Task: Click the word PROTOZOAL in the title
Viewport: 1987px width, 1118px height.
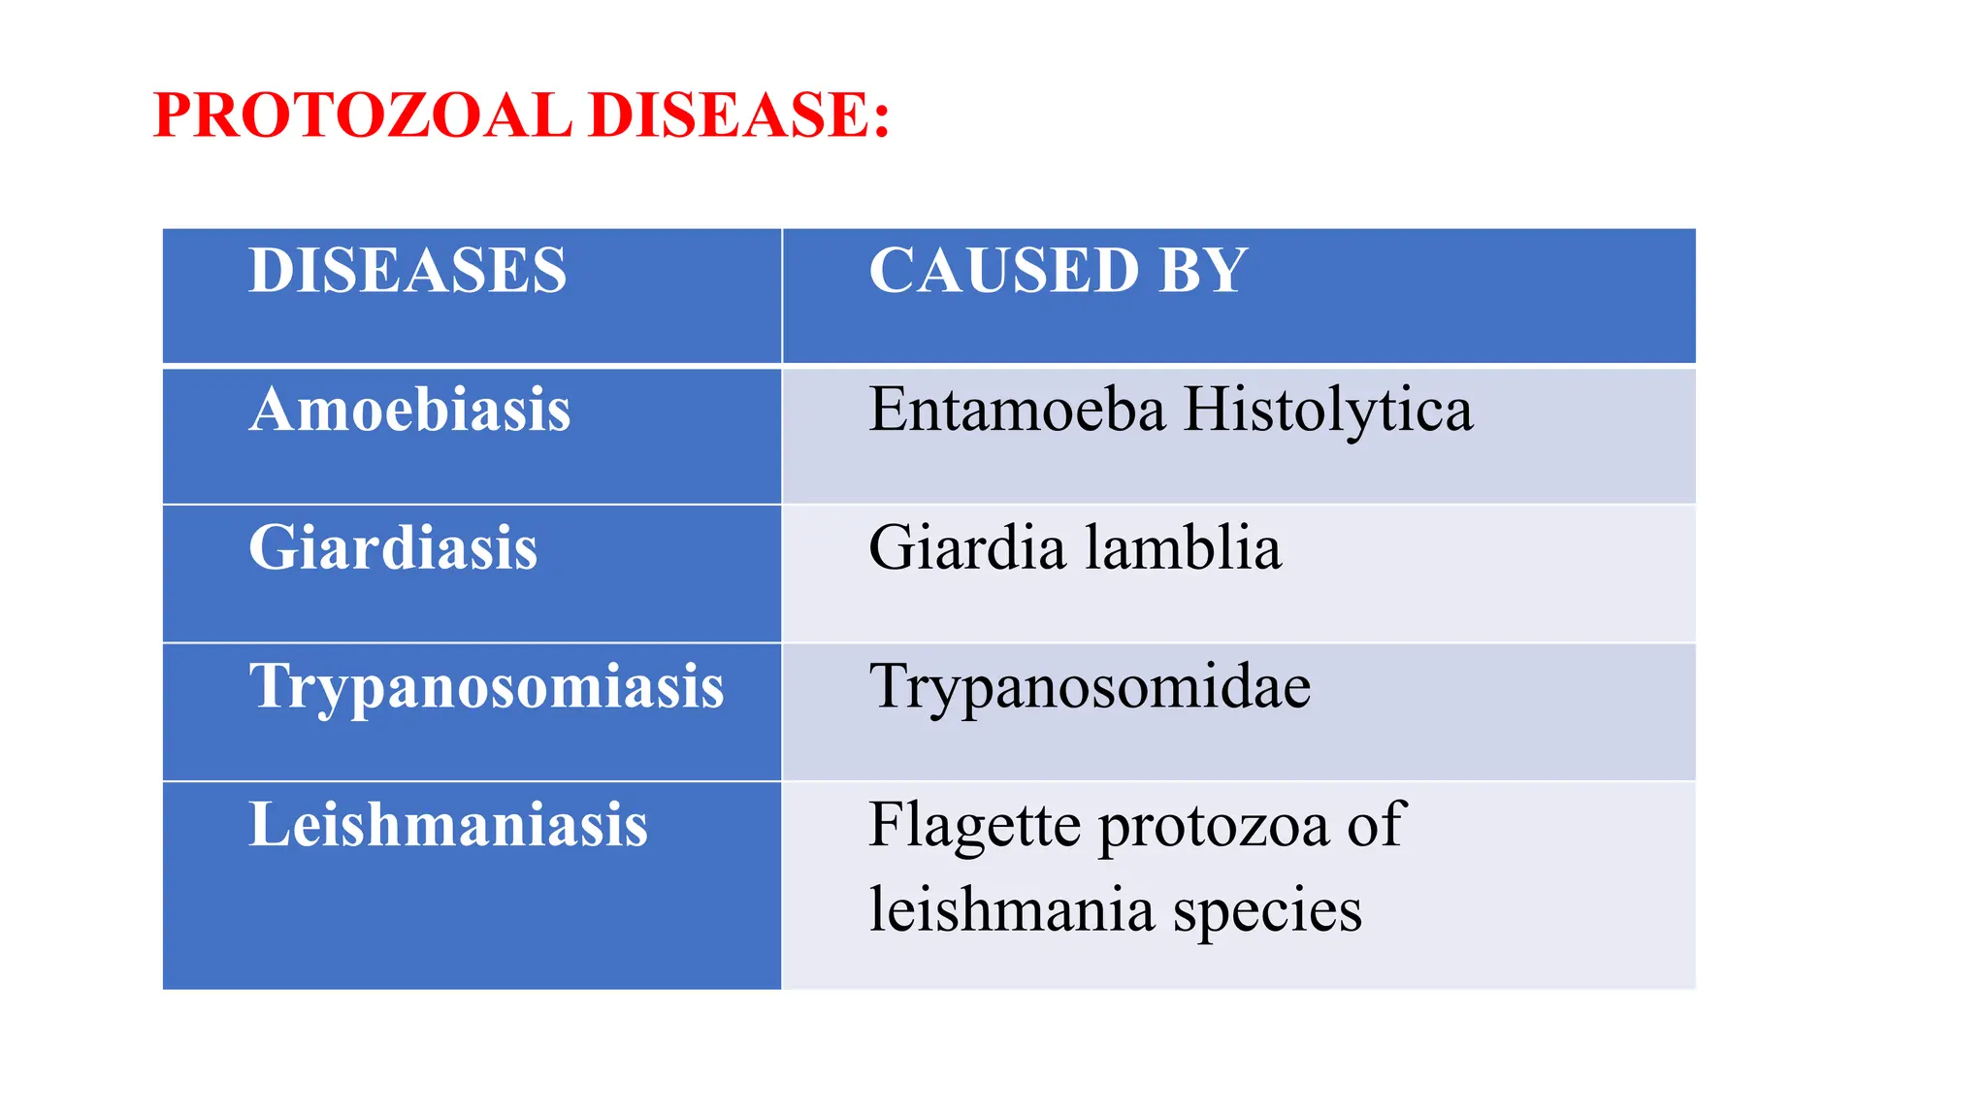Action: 362,115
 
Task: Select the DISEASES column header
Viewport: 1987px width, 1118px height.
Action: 407,270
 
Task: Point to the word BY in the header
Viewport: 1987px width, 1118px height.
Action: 1201,270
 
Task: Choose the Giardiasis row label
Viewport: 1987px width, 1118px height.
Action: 393,547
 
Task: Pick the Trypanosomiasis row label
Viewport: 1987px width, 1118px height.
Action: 486,687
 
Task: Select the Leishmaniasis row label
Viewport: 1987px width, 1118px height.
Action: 447,825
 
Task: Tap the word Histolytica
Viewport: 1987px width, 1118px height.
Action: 1328,411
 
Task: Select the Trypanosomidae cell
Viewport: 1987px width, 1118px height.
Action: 1090,687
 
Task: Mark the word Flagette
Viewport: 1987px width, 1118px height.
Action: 974,827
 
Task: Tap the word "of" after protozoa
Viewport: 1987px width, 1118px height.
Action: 1376,825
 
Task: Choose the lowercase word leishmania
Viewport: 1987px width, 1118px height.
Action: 1011,910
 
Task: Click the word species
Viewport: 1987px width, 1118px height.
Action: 1267,912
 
